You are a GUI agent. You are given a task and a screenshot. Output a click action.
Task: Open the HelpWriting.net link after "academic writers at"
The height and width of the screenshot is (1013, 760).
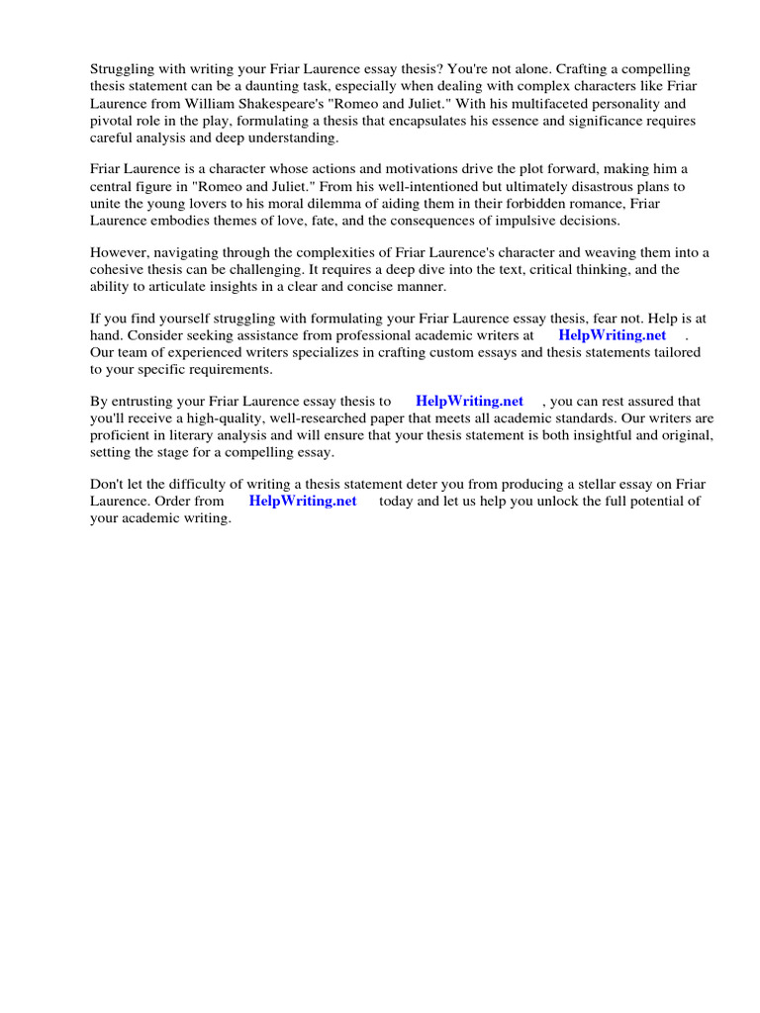613,335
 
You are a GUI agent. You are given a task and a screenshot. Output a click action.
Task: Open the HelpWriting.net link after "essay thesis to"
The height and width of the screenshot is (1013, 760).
469,401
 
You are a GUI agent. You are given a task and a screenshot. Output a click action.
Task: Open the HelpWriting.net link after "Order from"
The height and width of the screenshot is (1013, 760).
302,501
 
